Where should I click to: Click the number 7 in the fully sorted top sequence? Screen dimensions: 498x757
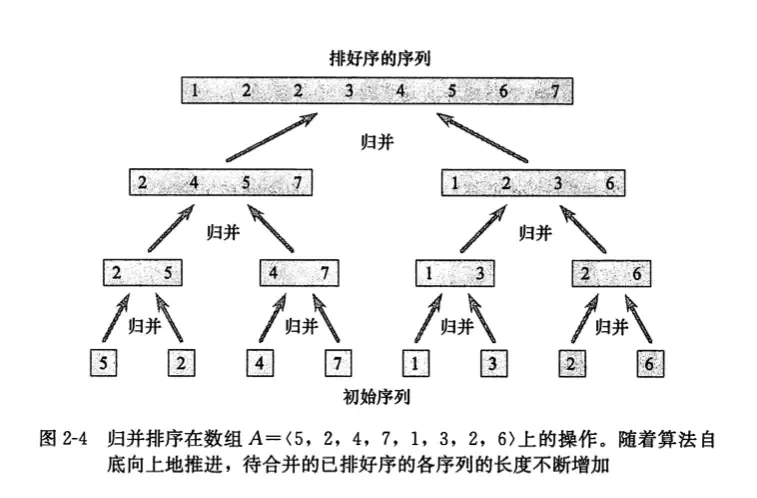pyautogui.click(x=556, y=92)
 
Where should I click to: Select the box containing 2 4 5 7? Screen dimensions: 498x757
pyautogui.click(x=221, y=183)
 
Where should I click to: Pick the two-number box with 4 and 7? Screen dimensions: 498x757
pyautogui.click(x=299, y=273)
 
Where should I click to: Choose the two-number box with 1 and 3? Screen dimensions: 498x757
pyautogui.click(x=455, y=273)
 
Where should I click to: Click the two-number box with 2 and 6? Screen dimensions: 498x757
pyautogui.click(x=611, y=273)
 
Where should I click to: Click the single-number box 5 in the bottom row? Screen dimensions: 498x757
pyautogui.click(x=104, y=361)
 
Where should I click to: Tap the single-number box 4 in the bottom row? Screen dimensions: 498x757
pyautogui.click(x=260, y=361)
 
